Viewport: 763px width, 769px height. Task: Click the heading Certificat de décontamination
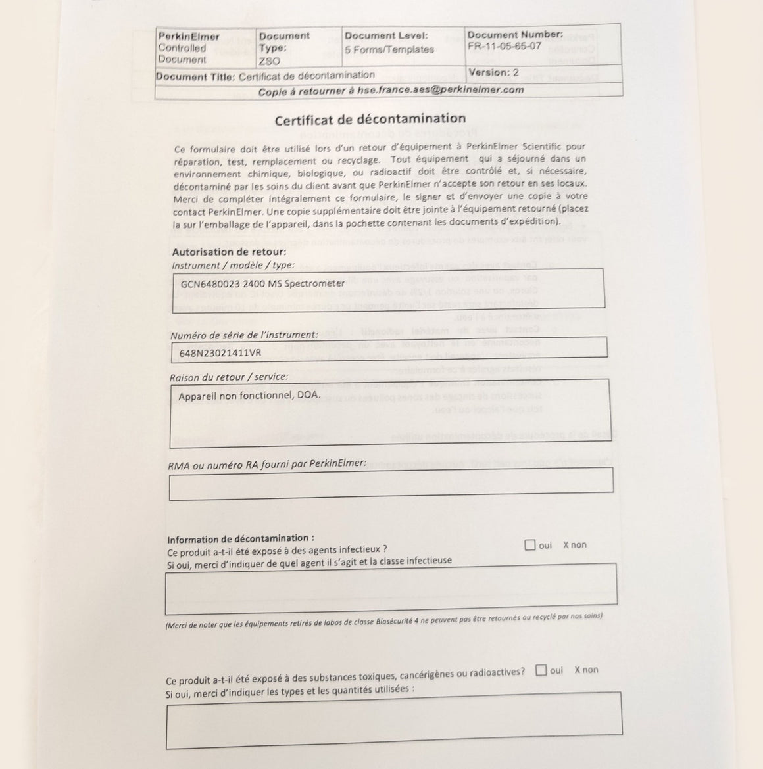pyautogui.click(x=370, y=120)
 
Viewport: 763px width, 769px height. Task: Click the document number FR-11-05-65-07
pyautogui.click(x=504, y=46)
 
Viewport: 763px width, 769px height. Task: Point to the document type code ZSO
pyautogui.click(x=269, y=61)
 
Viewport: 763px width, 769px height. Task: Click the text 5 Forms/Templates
pyautogui.click(x=389, y=49)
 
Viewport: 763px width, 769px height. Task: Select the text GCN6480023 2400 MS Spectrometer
pyautogui.click(x=262, y=283)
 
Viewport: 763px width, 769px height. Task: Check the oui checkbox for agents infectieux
pyautogui.click(x=530, y=545)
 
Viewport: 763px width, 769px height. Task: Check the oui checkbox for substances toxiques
pyautogui.click(x=541, y=670)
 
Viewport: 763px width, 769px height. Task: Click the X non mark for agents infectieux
pyautogui.click(x=574, y=545)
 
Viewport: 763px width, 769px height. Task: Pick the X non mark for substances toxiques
pyautogui.click(x=585, y=670)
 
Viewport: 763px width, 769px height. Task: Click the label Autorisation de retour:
pyautogui.click(x=229, y=252)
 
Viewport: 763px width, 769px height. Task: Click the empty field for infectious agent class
pyautogui.click(x=391, y=584)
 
